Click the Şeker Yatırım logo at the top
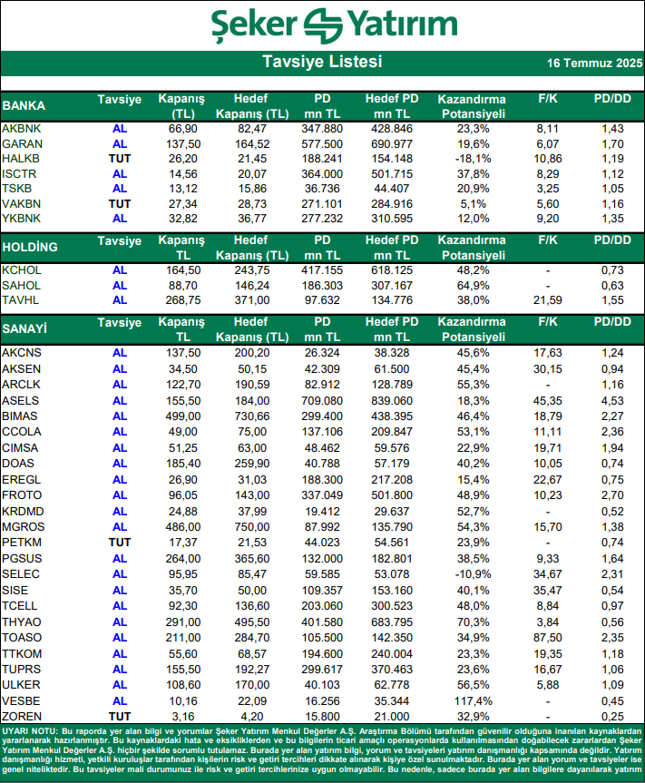point(321,24)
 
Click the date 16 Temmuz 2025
point(594,64)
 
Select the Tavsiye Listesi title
point(322,63)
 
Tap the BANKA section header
point(24,104)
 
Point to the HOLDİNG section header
point(30,247)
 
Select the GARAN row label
point(22,143)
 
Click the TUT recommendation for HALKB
point(120,158)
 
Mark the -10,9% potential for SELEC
point(471,576)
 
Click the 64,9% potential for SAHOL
point(471,285)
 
